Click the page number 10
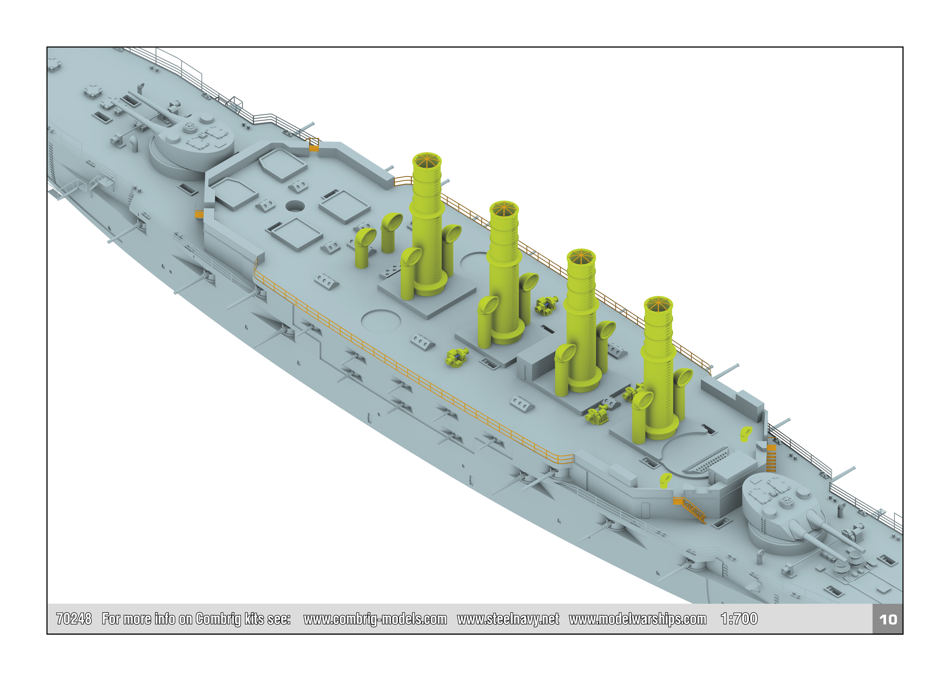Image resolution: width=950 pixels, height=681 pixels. (x=888, y=619)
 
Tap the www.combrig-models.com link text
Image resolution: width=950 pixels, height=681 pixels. (x=375, y=619)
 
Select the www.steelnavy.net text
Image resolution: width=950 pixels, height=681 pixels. (x=508, y=619)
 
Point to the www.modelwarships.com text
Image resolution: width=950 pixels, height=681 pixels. (x=637, y=619)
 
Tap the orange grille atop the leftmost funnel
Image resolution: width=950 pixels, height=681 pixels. (x=427, y=160)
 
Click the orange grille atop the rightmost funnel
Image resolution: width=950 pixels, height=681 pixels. (x=658, y=304)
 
